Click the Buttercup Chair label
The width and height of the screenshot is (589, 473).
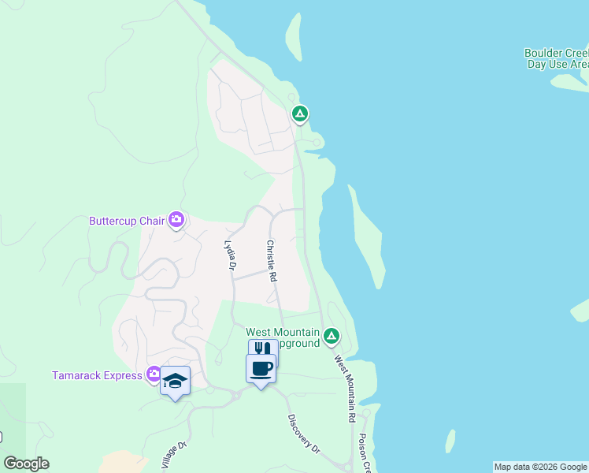[x=126, y=221]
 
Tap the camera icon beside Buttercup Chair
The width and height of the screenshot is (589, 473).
[x=176, y=220]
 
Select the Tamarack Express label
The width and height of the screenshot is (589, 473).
[x=96, y=375]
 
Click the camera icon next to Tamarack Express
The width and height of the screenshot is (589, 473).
[x=153, y=374]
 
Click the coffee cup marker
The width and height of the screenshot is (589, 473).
[x=261, y=367]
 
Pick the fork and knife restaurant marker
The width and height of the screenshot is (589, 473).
[x=263, y=349]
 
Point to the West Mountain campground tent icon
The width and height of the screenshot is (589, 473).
[x=332, y=337]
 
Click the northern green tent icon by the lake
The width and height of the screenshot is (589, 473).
[x=299, y=114]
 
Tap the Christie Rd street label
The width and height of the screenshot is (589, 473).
[x=271, y=261]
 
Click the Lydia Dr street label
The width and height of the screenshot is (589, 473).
[x=231, y=256]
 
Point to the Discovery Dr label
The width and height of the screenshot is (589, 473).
[x=304, y=434]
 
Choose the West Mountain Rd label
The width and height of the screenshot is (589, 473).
[x=346, y=388]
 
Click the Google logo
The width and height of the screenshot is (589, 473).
[x=26, y=464]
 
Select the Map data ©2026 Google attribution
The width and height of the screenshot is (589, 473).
[x=540, y=467]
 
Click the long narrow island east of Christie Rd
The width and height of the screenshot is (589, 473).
[x=367, y=236]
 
